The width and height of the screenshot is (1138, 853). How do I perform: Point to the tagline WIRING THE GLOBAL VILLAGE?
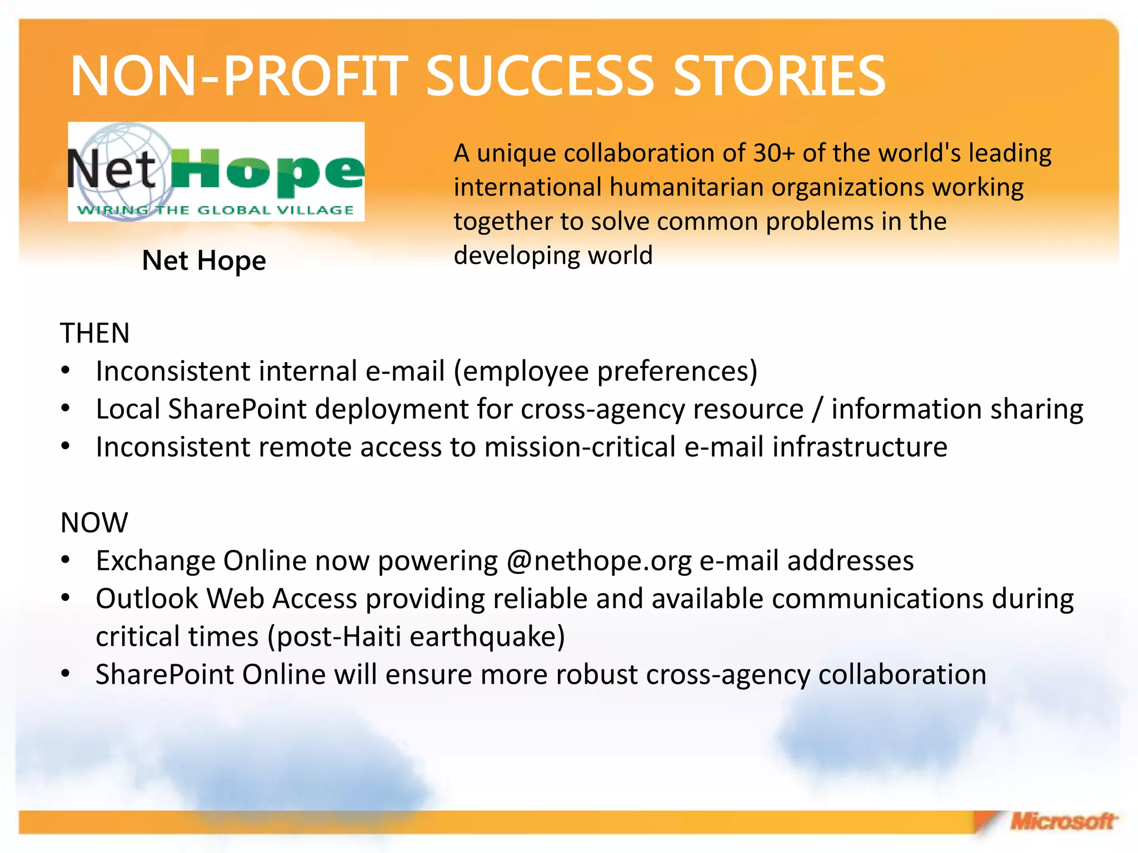[x=216, y=210]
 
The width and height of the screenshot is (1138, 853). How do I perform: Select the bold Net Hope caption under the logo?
[x=204, y=260]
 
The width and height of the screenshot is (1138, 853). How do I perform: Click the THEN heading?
[x=94, y=333]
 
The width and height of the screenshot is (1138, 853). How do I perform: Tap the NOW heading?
[x=94, y=523]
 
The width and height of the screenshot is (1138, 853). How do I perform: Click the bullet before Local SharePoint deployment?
[x=66, y=409]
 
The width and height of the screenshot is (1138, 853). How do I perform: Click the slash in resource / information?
[x=817, y=409]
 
